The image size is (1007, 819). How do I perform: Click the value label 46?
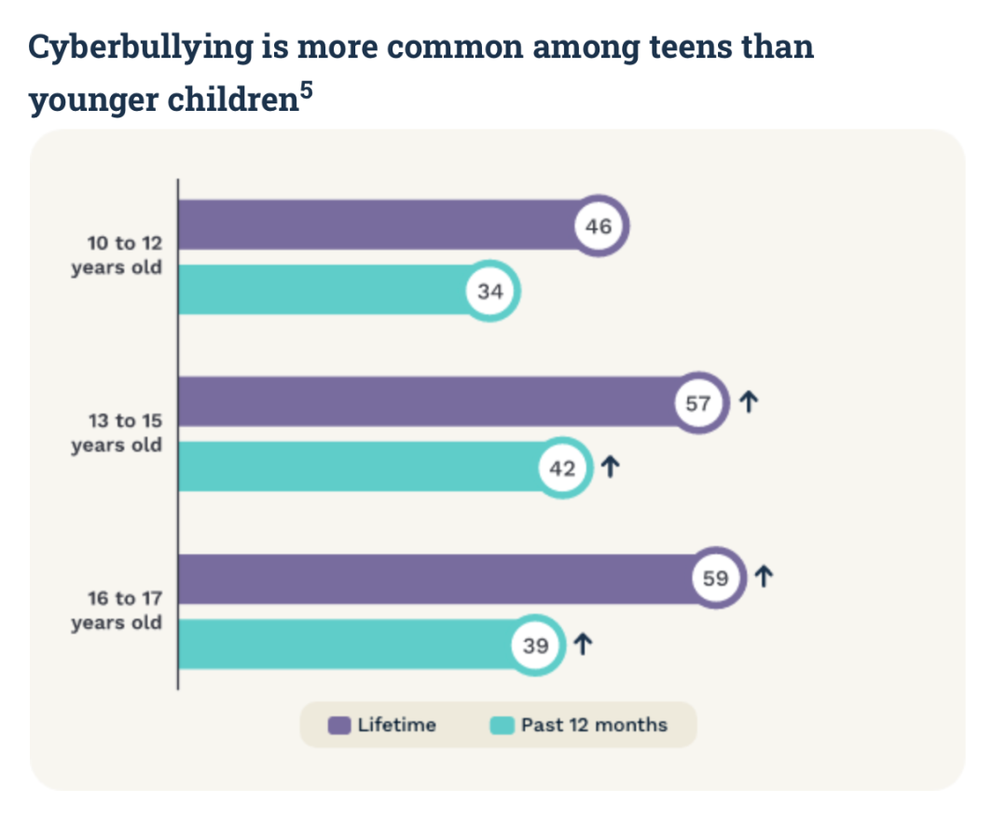pyautogui.click(x=599, y=225)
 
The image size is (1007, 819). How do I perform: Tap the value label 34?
pyautogui.click(x=490, y=292)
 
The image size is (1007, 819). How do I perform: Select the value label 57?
pyautogui.click(x=699, y=403)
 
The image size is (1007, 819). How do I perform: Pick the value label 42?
pyautogui.click(x=562, y=469)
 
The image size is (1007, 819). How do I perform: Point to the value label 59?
pyautogui.click(x=715, y=579)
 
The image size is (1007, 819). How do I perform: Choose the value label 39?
pyautogui.click(x=536, y=645)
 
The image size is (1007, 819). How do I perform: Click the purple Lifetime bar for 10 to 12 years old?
pyautogui.click(x=373, y=225)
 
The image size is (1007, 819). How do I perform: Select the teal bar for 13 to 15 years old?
pyautogui.click(x=354, y=467)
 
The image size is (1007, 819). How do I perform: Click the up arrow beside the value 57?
pyautogui.click(x=748, y=403)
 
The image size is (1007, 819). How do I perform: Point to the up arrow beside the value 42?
pyautogui.click(x=610, y=468)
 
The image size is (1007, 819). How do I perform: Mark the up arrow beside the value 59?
pyautogui.click(x=764, y=578)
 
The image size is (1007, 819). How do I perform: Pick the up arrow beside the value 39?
pyautogui.click(x=583, y=644)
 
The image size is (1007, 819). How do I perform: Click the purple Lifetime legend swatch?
pyautogui.click(x=339, y=725)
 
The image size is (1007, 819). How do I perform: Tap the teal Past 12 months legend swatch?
pyautogui.click(x=503, y=725)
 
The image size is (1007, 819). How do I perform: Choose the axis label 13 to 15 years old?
pyautogui.click(x=117, y=433)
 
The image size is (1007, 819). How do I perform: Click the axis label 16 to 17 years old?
pyautogui.click(x=117, y=610)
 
